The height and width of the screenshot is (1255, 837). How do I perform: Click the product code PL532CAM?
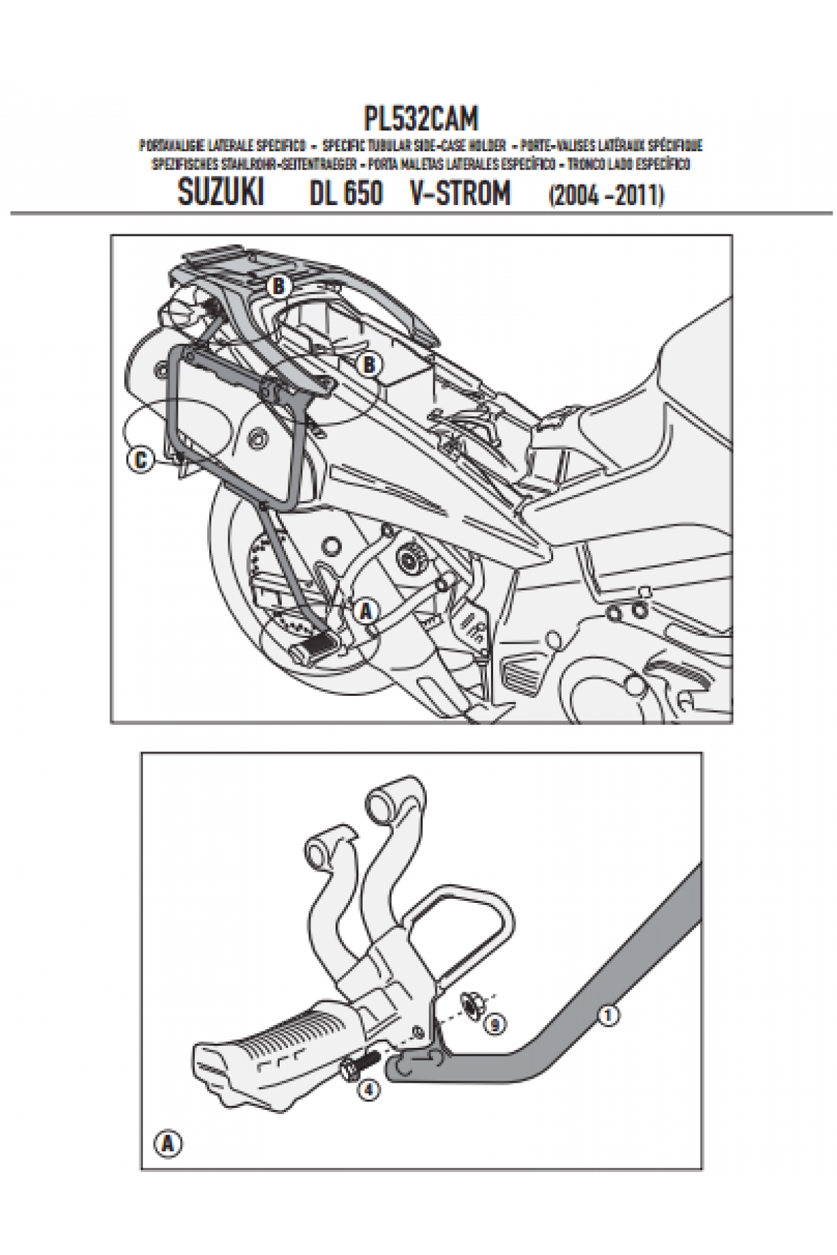421,119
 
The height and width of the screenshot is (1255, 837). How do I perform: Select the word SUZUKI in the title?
220,193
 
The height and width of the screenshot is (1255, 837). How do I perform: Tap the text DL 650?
346,193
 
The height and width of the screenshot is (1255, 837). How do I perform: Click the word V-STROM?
460,193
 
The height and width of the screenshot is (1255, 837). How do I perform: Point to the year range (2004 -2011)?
606,196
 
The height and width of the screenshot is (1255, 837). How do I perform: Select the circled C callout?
140,460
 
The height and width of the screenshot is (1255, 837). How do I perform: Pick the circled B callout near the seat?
370,365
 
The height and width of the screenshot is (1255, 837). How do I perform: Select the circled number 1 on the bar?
608,1016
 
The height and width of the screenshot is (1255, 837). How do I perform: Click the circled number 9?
495,1025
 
